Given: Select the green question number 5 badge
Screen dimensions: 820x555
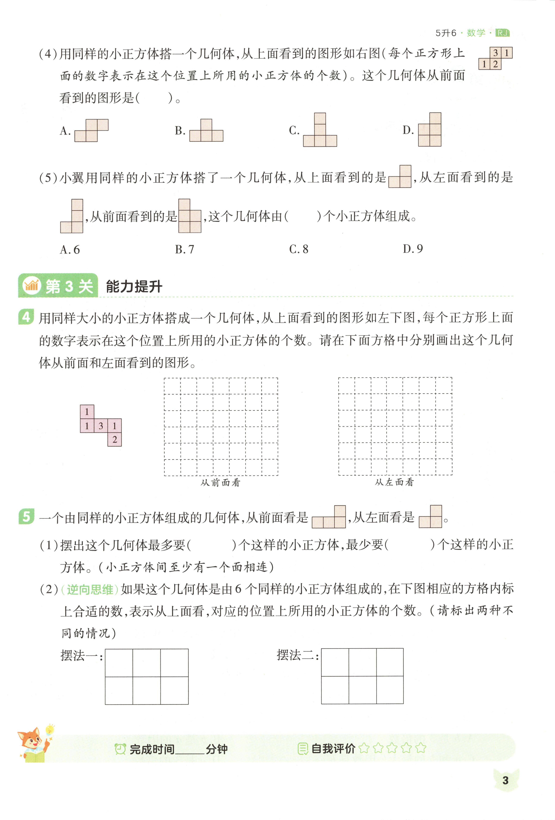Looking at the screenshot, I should tap(26, 517).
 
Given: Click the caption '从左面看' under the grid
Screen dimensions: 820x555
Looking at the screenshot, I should tap(394, 482).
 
